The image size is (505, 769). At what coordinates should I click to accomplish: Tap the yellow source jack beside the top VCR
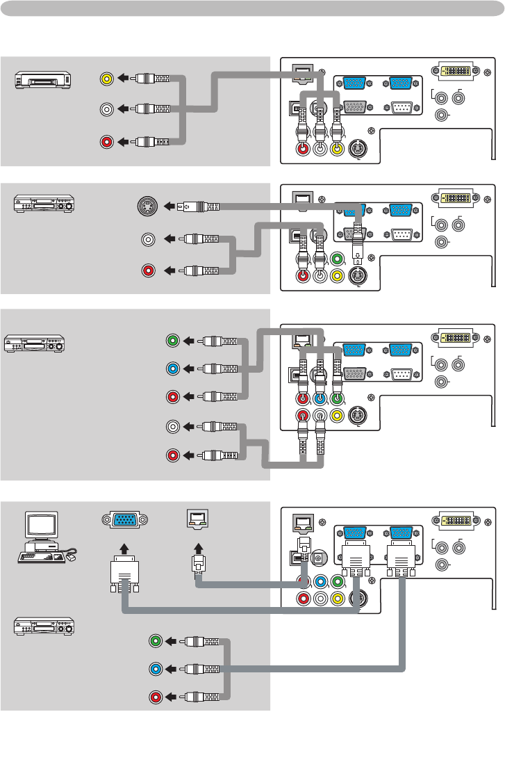(x=106, y=79)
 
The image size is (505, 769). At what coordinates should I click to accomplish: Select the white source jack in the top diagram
(x=106, y=109)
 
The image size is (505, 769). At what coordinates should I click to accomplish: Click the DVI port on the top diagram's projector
(x=454, y=70)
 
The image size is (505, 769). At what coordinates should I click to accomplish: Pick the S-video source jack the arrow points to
(x=147, y=207)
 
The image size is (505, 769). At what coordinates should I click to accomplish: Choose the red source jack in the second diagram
(x=147, y=270)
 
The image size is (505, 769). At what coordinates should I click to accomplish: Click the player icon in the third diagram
(x=35, y=343)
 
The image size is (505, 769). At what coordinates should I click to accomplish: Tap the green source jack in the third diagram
(x=173, y=341)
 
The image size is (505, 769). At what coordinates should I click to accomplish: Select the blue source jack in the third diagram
(x=173, y=369)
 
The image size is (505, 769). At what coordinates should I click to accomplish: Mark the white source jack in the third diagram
(x=173, y=427)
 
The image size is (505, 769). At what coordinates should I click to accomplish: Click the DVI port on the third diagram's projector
(x=454, y=337)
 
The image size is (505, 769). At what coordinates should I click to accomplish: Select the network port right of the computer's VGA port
(x=196, y=518)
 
